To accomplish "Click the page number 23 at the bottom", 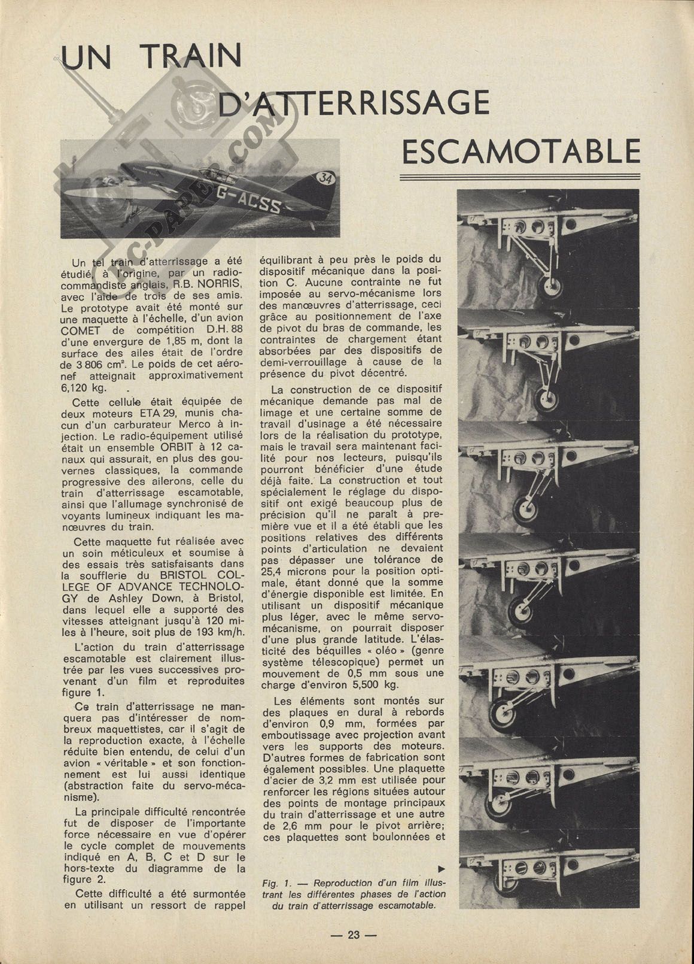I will pyautogui.click(x=354, y=935).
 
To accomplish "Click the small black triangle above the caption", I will pyautogui.click(x=442, y=868).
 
